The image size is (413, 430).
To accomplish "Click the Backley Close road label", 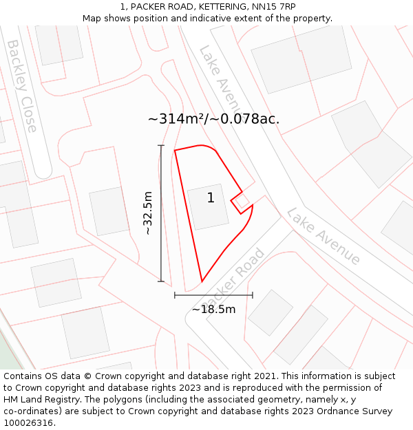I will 23,86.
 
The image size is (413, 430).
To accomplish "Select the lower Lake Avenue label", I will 324,236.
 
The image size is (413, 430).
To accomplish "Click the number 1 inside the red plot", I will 211,198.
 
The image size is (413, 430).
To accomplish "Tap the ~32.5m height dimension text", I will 147,213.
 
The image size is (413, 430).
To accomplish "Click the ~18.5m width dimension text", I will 213,310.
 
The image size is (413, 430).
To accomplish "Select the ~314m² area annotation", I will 213,118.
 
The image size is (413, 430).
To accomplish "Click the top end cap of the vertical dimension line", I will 161,145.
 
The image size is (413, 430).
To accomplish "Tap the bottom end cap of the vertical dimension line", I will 161,281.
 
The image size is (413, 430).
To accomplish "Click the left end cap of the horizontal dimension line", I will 175,295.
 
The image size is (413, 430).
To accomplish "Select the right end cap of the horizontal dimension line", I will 253,295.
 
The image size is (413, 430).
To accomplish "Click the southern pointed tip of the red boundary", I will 202,281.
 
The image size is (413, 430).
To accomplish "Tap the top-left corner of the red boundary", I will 175,150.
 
